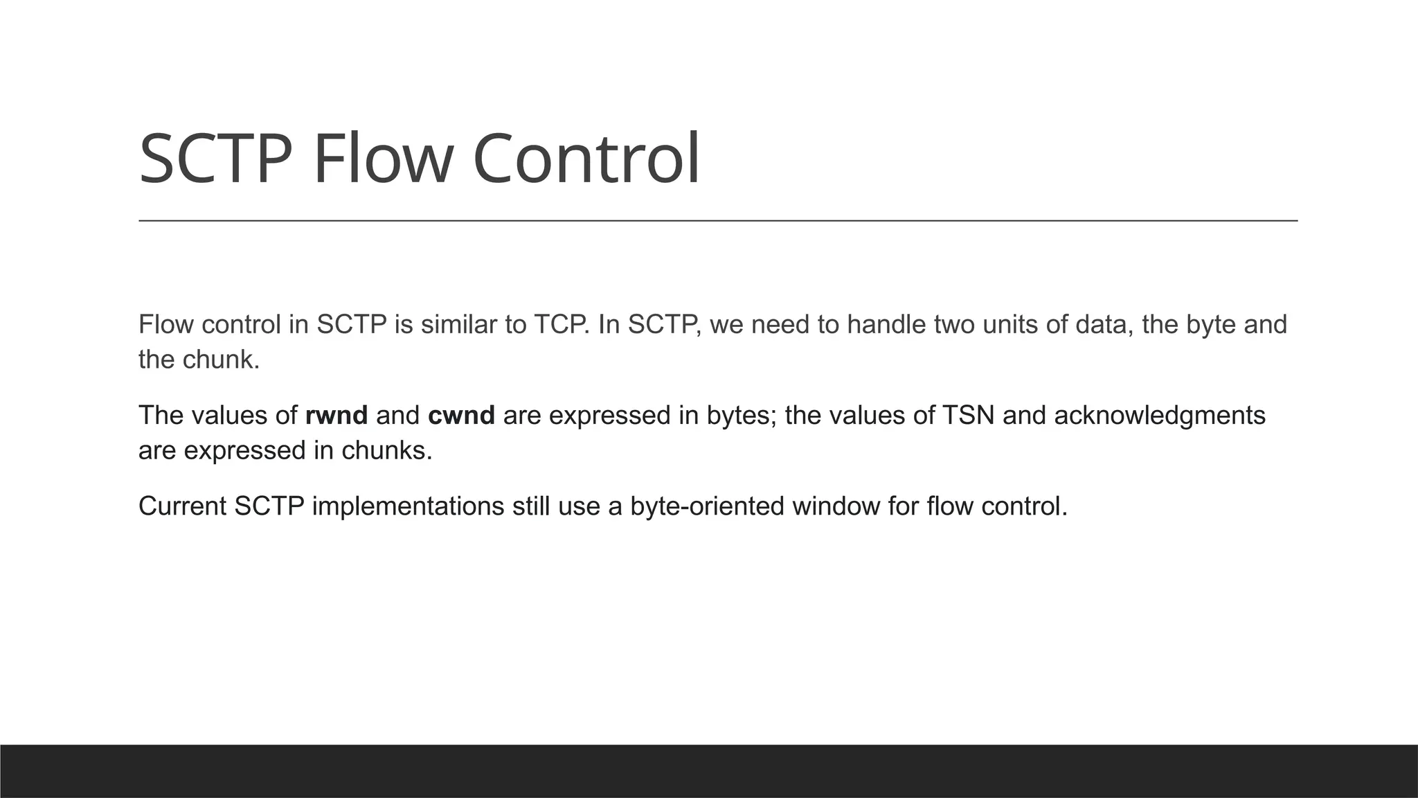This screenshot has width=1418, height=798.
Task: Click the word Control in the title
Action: (586, 160)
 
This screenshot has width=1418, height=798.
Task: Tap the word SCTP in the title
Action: (215, 160)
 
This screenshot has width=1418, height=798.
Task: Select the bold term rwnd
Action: (336, 416)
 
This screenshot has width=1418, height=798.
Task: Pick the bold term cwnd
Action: (461, 416)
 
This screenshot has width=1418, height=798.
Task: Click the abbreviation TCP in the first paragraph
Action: (561, 325)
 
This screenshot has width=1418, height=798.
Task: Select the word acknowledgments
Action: (1160, 416)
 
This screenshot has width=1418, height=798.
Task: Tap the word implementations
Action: (408, 506)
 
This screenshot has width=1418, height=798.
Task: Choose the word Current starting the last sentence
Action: (182, 506)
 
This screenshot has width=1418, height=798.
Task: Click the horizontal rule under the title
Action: (718, 221)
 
